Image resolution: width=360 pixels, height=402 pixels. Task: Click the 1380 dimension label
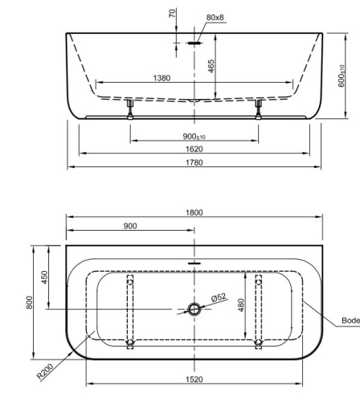click(162, 77)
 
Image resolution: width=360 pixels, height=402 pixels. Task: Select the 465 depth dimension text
click(210, 65)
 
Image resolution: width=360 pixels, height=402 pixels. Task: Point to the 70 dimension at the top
click(171, 14)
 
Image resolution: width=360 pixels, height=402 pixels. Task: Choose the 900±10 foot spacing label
click(194, 136)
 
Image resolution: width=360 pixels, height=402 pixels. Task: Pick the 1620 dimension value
click(194, 149)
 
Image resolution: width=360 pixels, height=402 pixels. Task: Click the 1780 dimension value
click(194, 162)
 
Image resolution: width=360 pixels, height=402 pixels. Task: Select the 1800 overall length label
click(194, 212)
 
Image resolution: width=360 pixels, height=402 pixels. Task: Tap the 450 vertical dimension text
click(46, 277)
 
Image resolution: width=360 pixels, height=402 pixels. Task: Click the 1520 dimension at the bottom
click(194, 379)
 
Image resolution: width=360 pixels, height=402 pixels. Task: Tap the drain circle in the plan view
click(194, 310)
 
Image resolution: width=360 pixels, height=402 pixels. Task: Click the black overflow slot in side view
click(194, 43)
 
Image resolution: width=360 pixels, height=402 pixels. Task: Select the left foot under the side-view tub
click(129, 109)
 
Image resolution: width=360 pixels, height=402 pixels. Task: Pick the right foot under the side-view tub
click(258, 109)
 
